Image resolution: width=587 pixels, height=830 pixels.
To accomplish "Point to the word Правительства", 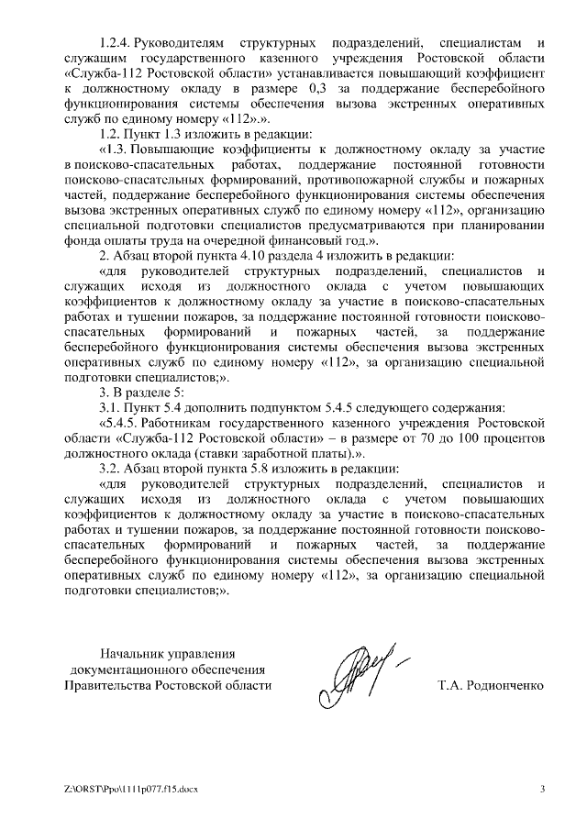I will coord(107,684).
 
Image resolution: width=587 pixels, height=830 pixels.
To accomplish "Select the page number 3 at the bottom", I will coord(541,788).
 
